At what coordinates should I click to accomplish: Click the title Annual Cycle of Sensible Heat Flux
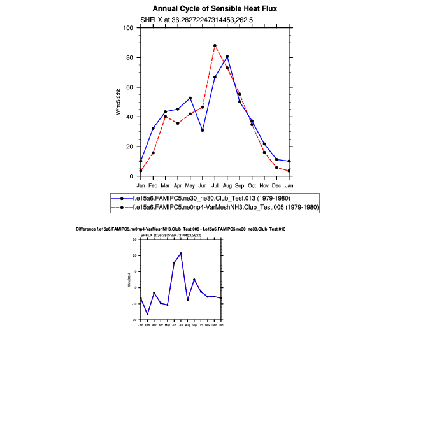click(215, 8)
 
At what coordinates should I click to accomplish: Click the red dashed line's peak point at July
click(215, 45)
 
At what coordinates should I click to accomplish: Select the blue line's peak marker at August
click(227, 57)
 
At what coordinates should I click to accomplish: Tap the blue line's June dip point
click(203, 131)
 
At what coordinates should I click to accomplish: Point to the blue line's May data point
click(190, 98)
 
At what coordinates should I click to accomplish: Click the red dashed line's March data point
click(165, 117)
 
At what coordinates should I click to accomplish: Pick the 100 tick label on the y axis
click(129, 28)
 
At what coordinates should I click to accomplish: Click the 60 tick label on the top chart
click(130, 87)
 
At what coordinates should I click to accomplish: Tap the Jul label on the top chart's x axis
click(215, 185)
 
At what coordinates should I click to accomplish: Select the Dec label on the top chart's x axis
click(276, 185)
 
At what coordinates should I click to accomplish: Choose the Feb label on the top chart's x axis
click(153, 185)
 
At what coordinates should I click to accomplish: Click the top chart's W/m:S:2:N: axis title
click(118, 102)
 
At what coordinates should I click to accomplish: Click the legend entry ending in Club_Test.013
click(210, 198)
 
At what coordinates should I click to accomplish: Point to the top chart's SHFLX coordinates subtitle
click(206, 20)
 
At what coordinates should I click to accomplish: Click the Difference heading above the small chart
click(180, 228)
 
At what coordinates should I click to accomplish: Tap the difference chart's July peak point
click(181, 254)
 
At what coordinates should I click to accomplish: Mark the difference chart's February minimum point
click(147, 314)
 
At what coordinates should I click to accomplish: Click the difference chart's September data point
click(194, 280)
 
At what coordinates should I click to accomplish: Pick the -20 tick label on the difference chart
click(134, 320)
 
